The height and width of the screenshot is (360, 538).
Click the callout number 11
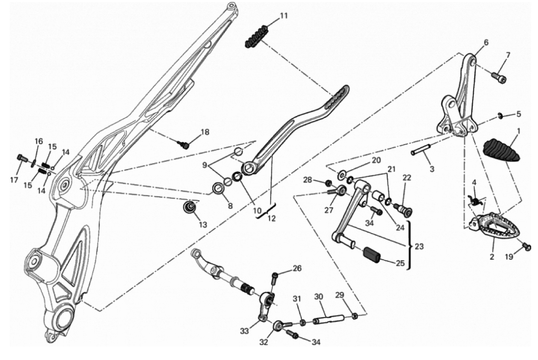[284, 16]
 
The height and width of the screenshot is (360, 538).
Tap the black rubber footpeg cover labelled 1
[501, 150]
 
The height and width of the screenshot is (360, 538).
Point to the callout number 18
[205, 132]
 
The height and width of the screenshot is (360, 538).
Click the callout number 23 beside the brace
[419, 246]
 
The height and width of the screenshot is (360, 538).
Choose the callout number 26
[297, 268]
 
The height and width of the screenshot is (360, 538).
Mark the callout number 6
[486, 43]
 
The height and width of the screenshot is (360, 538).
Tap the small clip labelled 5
[501, 117]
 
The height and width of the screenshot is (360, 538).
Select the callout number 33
[245, 331]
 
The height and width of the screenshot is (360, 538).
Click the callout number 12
[271, 218]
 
